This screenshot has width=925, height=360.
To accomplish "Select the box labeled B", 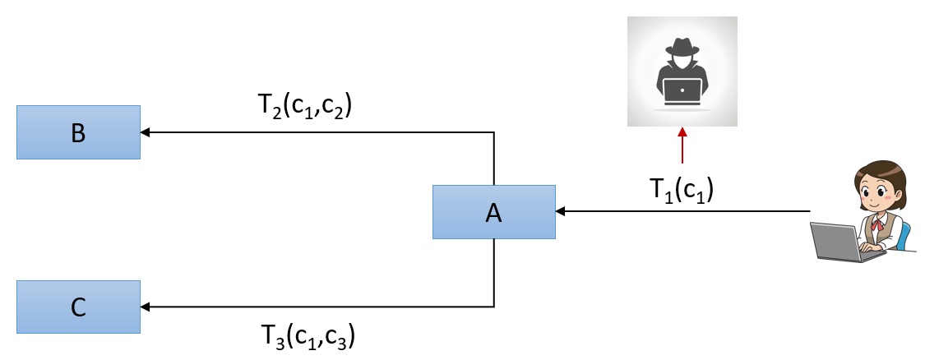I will (78, 132).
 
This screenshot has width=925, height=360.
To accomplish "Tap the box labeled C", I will (78, 307).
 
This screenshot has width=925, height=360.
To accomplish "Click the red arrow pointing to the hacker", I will (682, 148).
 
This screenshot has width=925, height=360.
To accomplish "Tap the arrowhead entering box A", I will (561, 212).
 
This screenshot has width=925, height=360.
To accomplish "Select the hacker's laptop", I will (682, 90).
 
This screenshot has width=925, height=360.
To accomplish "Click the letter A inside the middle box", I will (493, 213).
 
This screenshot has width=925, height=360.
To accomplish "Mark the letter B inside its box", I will (78, 132).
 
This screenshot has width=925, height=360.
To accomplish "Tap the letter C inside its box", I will (78, 307).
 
